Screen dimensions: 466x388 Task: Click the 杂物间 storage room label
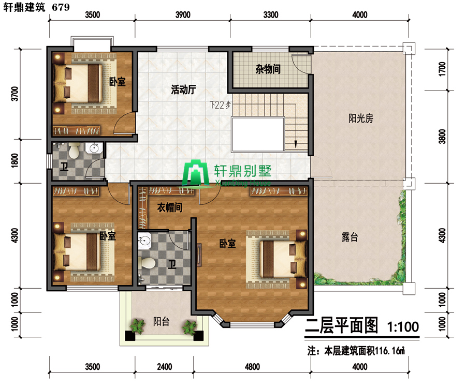pos(268,69)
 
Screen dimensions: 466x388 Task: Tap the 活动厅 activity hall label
pos(183,89)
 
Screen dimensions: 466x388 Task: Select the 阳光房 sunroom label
pos(360,118)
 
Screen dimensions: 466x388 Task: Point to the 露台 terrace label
pos(350,237)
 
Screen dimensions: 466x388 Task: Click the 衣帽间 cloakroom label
pos(169,207)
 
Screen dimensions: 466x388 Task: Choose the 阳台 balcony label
pos(161,321)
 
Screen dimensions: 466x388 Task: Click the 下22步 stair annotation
pos(220,105)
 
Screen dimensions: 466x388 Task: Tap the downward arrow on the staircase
pos(296,144)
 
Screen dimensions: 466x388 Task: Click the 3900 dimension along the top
pos(183,14)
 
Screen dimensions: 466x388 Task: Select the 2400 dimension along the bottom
pos(164,367)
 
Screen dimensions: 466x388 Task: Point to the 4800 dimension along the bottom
pos(252,367)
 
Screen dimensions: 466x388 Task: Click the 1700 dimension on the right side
pos(443,69)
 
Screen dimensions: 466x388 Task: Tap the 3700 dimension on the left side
pos(14,94)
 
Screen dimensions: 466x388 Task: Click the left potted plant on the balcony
pos(137,326)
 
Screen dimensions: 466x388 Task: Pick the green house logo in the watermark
pos(196,172)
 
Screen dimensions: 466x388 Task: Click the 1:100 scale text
pos(403,327)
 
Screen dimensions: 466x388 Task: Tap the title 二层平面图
pos(342,325)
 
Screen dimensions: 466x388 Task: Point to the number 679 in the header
pos(61,7)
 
